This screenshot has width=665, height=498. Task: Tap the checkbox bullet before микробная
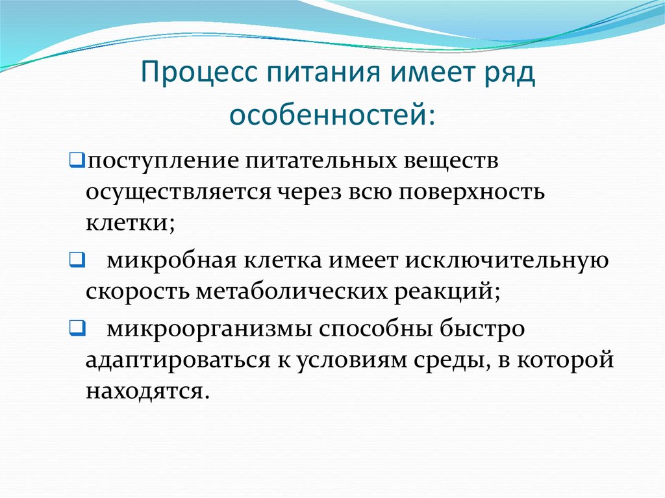pyautogui.click(x=73, y=261)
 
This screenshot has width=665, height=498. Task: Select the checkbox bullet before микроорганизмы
pyautogui.click(x=73, y=328)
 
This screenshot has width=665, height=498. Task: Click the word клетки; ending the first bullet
pyautogui.click(x=129, y=223)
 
